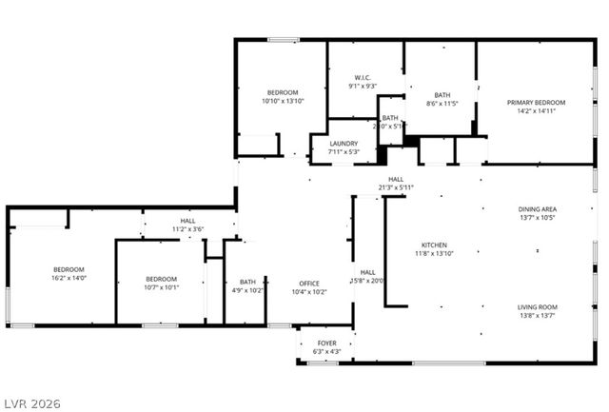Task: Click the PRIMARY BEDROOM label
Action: tap(536, 103)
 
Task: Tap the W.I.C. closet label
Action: tap(362, 78)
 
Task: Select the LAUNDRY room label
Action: tap(343, 144)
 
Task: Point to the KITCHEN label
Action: tap(434, 245)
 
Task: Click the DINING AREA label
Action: tap(537, 209)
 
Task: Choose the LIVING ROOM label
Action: tap(537, 306)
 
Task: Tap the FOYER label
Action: tap(326, 343)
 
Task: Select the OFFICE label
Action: tap(308, 283)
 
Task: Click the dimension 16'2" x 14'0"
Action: tap(69, 278)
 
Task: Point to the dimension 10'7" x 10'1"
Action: tap(161, 287)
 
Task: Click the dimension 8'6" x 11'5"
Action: tap(442, 104)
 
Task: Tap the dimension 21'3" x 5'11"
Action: tap(396, 187)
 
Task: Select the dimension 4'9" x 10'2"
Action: tap(247, 291)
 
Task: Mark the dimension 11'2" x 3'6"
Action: tap(188, 229)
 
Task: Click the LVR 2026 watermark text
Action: tap(31, 403)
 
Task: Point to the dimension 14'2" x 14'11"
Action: tap(536, 111)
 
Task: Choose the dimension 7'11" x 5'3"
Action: tap(343, 152)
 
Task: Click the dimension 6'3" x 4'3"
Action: tap(326, 352)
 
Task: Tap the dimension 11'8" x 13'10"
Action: tap(434, 253)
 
